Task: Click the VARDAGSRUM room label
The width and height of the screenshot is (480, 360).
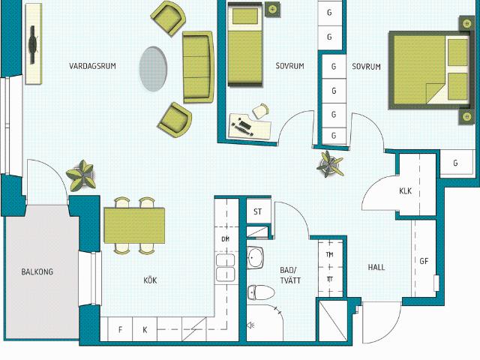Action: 92,66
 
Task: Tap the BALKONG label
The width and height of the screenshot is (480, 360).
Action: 37,271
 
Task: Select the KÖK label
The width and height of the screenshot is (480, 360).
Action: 150,280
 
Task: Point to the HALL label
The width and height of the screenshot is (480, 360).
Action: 376,267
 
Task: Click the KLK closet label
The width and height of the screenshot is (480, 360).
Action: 405,191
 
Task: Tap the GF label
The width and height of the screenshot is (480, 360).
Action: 424,261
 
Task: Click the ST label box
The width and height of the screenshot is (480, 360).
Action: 258,211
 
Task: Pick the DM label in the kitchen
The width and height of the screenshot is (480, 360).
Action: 226,239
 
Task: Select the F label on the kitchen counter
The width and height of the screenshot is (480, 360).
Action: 120,330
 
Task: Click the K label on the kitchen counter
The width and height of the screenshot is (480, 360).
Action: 145,330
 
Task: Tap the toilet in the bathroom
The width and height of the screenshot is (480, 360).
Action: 261,292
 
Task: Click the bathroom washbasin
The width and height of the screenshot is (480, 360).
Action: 255,257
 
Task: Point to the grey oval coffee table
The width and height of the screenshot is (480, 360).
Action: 153,68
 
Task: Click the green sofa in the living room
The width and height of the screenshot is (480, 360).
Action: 198,67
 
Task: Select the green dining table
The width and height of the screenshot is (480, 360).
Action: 134,225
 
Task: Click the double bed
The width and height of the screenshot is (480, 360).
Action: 429,70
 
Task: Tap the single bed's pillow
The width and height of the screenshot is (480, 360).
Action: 245,16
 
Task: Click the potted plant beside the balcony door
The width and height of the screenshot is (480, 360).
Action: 82,175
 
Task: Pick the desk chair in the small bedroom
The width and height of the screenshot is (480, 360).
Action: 261,111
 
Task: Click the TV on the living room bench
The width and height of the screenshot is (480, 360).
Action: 33,45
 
